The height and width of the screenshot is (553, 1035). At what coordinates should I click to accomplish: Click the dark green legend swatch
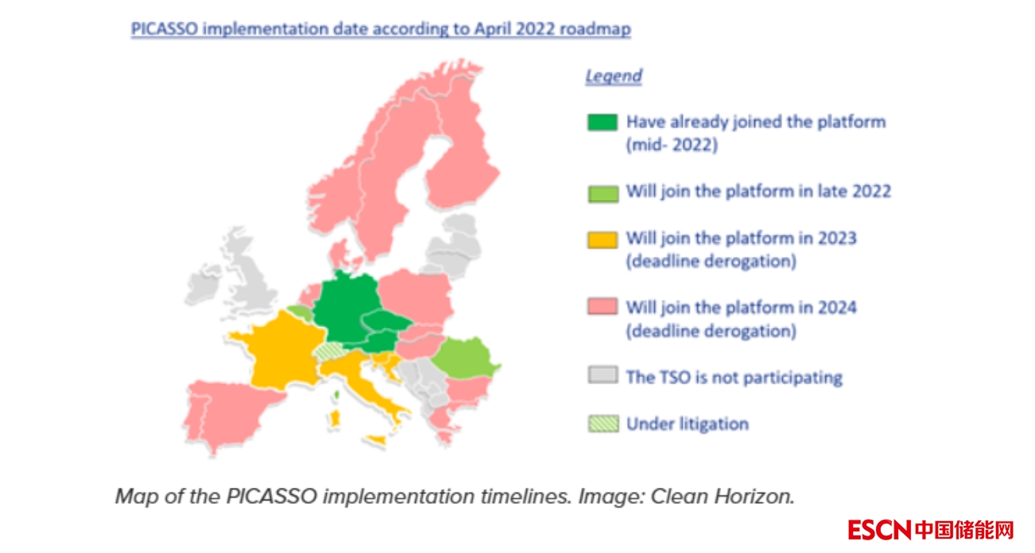(x=602, y=123)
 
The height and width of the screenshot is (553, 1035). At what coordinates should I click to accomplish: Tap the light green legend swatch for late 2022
(x=603, y=193)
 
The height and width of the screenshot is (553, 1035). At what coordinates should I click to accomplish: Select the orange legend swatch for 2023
(x=603, y=240)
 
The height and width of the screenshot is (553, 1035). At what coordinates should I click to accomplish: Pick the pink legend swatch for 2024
(x=603, y=306)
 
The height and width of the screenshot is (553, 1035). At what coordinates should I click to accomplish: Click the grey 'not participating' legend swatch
(x=603, y=375)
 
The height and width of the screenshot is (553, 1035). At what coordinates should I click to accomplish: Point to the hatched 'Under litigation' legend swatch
(x=603, y=423)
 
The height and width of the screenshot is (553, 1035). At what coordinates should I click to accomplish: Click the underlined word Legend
(x=614, y=76)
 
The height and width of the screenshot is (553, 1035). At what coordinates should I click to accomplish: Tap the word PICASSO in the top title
(x=165, y=29)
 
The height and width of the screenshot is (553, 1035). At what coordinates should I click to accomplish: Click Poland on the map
(x=416, y=296)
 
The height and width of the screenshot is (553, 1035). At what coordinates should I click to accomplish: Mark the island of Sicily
(x=375, y=440)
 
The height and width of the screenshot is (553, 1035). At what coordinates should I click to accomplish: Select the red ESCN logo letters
(x=880, y=530)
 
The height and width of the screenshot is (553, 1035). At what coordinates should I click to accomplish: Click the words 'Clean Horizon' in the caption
(x=722, y=497)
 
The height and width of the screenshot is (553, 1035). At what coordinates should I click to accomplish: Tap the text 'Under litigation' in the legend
(x=688, y=424)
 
